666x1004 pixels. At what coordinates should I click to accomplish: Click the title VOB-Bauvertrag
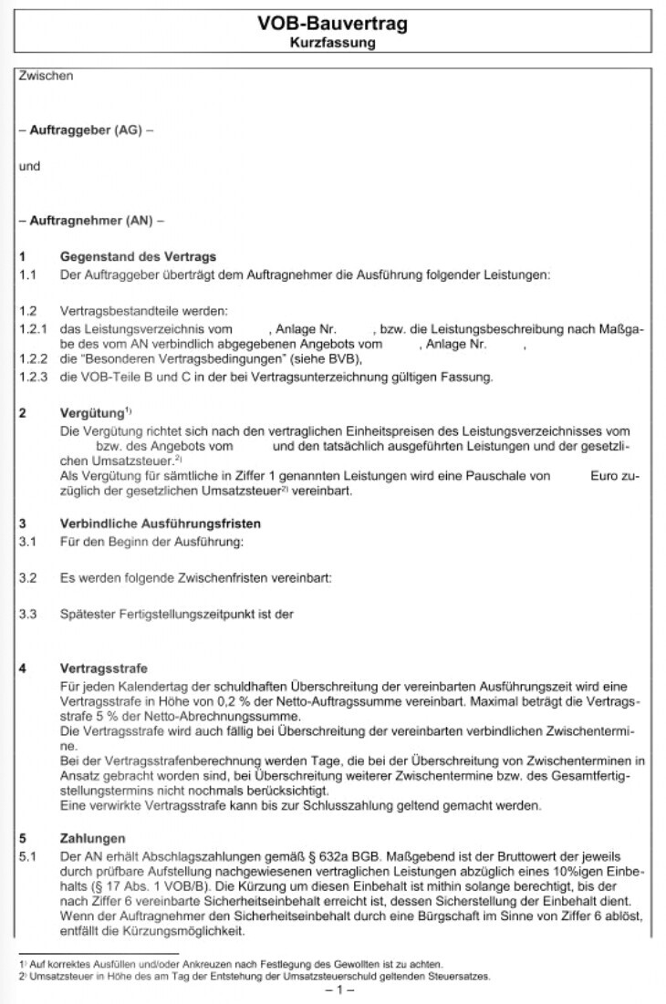click(332, 25)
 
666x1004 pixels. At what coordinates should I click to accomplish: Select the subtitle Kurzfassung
click(332, 42)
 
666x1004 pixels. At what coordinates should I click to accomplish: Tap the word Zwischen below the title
click(46, 77)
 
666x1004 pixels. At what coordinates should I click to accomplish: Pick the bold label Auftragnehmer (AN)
click(91, 221)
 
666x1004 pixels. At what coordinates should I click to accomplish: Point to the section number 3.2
click(27, 578)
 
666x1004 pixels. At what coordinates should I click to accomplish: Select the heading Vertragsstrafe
click(103, 668)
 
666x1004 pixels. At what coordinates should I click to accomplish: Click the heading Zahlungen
click(93, 838)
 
